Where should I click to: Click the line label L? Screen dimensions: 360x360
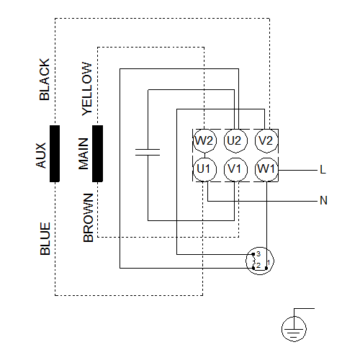[x=323, y=170]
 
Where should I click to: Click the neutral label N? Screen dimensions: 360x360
[x=323, y=200]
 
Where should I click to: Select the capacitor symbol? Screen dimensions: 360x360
[x=148, y=152]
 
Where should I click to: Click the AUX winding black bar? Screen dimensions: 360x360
[x=55, y=153]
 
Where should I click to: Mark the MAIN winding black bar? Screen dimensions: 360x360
[x=97, y=153]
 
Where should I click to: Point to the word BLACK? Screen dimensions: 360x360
[x=45, y=79]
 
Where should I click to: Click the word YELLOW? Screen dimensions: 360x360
[x=87, y=89]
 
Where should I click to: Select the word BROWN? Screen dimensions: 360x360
[x=88, y=217]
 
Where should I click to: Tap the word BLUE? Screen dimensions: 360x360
[x=45, y=238]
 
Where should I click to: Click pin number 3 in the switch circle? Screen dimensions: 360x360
[x=258, y=253]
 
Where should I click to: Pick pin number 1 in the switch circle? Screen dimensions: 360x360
[x=269, y=263]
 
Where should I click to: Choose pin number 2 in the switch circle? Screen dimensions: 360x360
[x=258, y=265]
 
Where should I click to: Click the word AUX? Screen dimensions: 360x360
[x=40, y=156]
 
